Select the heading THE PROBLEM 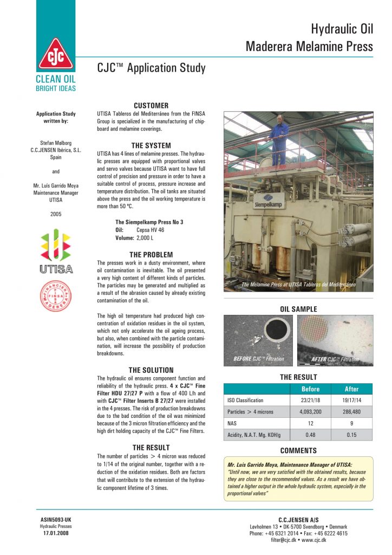click(x=151, y=254)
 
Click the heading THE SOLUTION click(x=151, y=370)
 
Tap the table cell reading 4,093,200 click(x=310, y=412)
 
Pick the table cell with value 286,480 click(x=352, y=412)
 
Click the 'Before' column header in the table click(x=310, y=389)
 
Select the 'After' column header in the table click(x=352, y=389)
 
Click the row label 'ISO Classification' click(x=245, y=401)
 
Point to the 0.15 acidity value click(x=352, y=435)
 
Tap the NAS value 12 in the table click(x=310, y=423)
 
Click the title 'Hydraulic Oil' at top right click(x=342, y=29)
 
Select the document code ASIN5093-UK click(x=56, y=520)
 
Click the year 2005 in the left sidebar click(x=56, y=214)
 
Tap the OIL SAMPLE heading click(x=298, y=309)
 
